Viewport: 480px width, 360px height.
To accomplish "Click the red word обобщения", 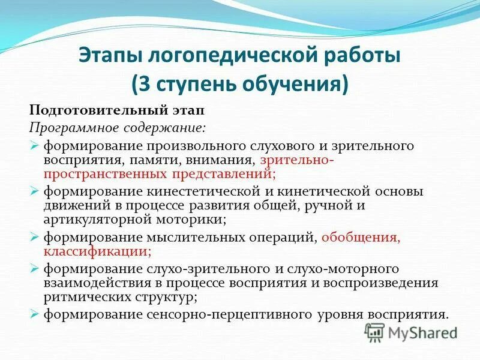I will [360, 237].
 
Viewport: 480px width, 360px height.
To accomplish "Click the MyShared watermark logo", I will [411, 332].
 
